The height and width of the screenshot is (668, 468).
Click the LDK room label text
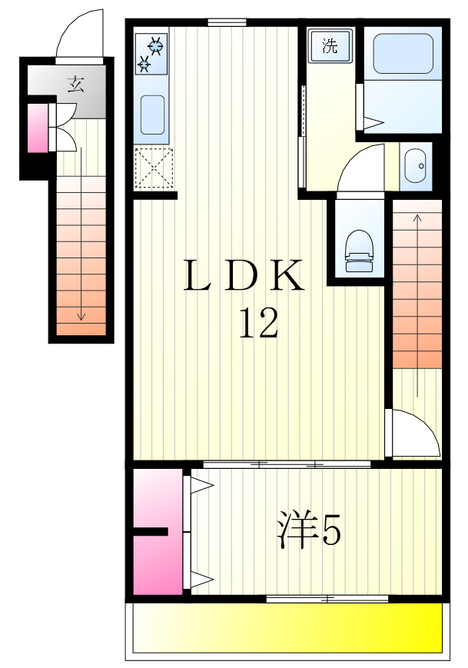point(244,276)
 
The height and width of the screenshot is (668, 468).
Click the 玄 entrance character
point(75,85)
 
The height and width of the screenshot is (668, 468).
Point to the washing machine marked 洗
point(330,45)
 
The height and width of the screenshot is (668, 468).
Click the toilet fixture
point(358,251)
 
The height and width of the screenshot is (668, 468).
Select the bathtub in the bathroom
point(404,54)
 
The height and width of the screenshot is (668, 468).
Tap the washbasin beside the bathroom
point(416,165)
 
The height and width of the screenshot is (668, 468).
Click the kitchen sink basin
point(153,115)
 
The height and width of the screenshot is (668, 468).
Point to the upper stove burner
point(156,46)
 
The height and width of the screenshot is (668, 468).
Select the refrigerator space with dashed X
point(153,168)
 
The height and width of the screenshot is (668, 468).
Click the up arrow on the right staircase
point(417,223)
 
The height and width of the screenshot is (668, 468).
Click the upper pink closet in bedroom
point(157,496)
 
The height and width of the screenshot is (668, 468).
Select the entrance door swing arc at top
point(80,35)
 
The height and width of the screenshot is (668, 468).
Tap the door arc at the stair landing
point(412,434)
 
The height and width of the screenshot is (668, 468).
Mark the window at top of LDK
point(226,22)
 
